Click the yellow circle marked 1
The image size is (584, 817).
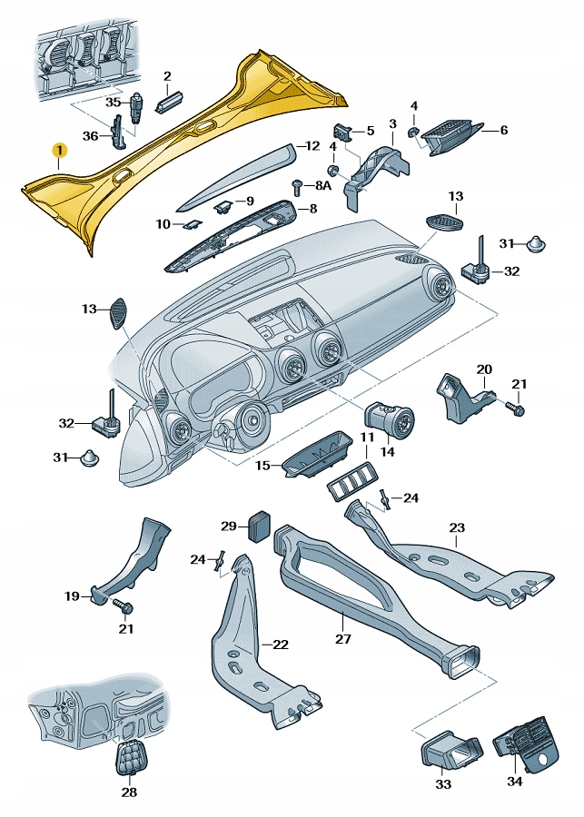(58, 149)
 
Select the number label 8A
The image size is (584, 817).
(323, 185)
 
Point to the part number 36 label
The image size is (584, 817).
(90, 136)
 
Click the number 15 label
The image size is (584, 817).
(262, 466)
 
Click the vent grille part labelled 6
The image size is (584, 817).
(454, 133)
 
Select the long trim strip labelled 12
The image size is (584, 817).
(236, 173)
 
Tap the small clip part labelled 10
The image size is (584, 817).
(192, 222)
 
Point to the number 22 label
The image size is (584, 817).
(281, 645)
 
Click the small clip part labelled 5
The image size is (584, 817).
(341, 133)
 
